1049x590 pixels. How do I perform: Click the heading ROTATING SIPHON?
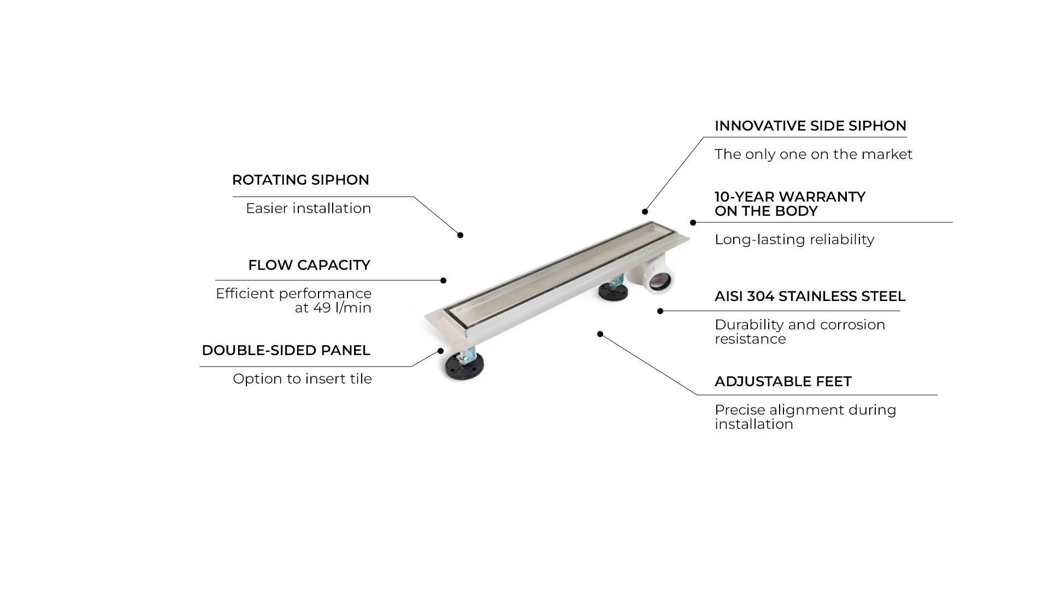click(x=300, y=180)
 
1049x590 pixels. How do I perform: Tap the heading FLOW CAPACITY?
click(x=309, y=265)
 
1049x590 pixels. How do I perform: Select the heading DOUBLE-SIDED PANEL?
click(x=286, y=350)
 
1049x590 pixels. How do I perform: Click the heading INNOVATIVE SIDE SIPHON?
click(x=810, y=126)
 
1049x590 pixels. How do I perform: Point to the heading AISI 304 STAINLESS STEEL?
click(x=810, y=296)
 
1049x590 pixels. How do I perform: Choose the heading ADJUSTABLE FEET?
click(x=783, y=381)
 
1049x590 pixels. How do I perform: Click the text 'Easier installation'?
click(x=308, y=208)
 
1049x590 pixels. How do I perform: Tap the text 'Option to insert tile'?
click(x=302, y=379)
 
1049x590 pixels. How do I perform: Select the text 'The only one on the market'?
click(x=813, y=154)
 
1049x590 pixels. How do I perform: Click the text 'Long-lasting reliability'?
click(x=794, y=239)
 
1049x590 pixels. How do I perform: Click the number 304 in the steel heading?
click(x=761, y=296)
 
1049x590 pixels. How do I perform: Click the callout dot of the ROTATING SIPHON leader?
click(x=460, y=235)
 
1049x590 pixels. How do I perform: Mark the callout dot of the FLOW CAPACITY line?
click(x=443, y=280)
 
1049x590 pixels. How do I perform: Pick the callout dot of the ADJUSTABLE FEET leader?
click(x=600, y=334)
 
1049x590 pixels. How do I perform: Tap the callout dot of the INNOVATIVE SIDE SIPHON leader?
click(x=645, y=211)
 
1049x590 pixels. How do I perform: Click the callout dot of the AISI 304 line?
click(x=660, y=311)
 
